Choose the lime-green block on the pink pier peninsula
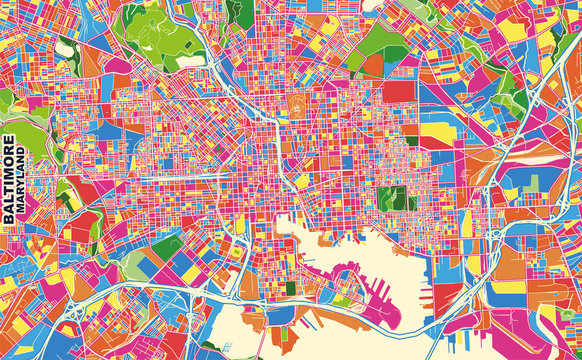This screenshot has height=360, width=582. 343,300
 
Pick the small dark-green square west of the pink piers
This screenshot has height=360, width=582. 291,288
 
